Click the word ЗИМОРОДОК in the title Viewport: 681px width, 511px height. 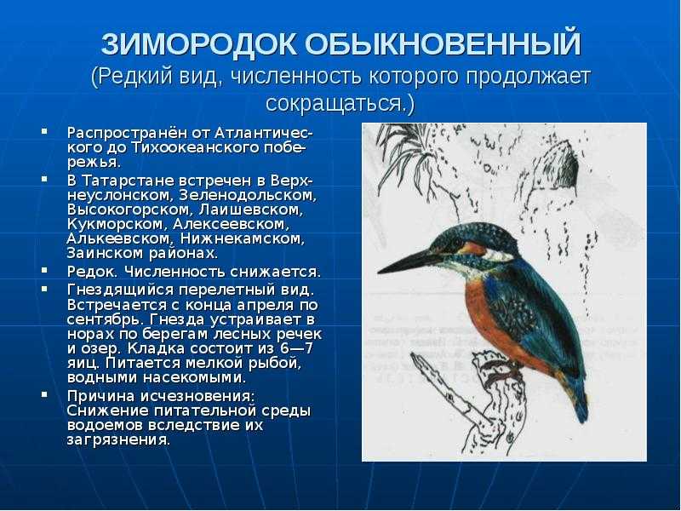(x=199, y=44)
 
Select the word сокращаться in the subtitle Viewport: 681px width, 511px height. (x=333, y=103)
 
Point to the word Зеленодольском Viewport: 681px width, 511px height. (x=246, y=195)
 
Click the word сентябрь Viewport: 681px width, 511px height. (x=106, y=319)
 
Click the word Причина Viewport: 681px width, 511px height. (x=100, y=396)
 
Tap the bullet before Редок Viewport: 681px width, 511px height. (x=44, y=270)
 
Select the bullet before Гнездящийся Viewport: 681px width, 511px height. (x=44, y=289)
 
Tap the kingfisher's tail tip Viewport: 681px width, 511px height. (x=581, y=418)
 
